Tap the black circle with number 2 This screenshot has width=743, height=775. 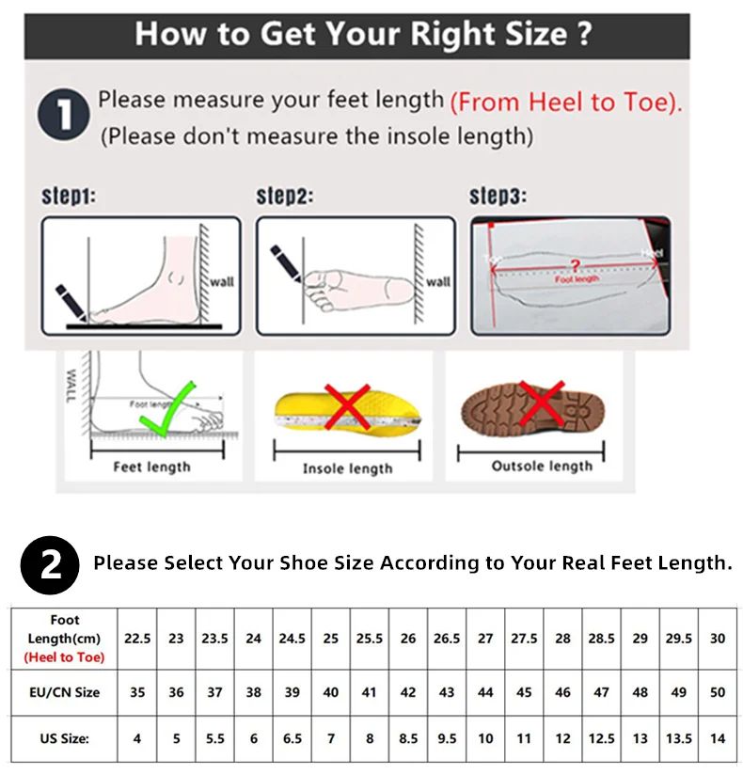point(51,563)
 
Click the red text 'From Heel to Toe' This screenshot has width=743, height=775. point(565,102)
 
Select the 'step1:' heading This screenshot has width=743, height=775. point(70,197)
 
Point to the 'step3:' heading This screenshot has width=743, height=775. point(498,197)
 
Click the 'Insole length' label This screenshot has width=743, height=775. point(347,468)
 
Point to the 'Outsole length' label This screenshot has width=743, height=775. point(542,466)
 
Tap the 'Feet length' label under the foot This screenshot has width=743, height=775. point(151,467)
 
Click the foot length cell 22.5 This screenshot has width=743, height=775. point(137,638)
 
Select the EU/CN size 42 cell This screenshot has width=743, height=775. point(408,692)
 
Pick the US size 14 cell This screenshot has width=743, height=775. point(718,738)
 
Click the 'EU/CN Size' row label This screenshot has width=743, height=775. point(65,692)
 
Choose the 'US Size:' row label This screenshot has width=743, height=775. point(65,738)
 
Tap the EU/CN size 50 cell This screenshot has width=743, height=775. point(718,692)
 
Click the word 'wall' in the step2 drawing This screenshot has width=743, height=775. point(438,281)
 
